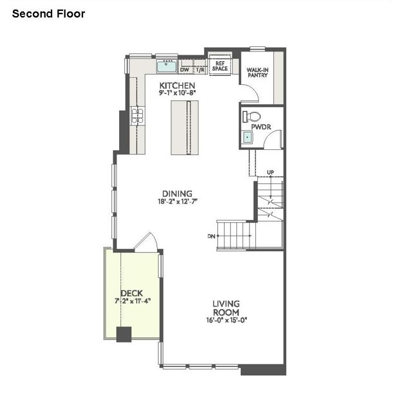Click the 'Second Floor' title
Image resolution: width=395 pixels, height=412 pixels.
click(x=48, y=14)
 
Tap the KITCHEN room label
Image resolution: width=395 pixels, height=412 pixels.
click(x=177, y=86)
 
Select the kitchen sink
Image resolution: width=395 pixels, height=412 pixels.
click(x=169, y=65)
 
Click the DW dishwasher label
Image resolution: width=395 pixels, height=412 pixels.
click(x=185, y=70)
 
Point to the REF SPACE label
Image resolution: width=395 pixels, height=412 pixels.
click(x=220, y=66)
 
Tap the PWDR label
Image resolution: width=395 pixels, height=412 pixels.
click(x=260, y=127)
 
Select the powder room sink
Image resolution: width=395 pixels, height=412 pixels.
click(x=247, y=136)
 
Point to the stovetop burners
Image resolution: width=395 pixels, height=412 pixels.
click(x=137, y=115)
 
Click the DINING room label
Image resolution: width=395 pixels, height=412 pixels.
click(x=177, y=193)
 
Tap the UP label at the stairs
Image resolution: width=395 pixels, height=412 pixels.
click(x=271, y=172)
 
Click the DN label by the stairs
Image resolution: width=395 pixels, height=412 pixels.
click(x=211, y=236)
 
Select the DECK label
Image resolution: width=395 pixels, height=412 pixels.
click(x=131, y=294)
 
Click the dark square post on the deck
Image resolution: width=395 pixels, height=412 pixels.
click(x=124, y=333)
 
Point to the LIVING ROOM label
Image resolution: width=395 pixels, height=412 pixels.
click(x=226, y=308)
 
